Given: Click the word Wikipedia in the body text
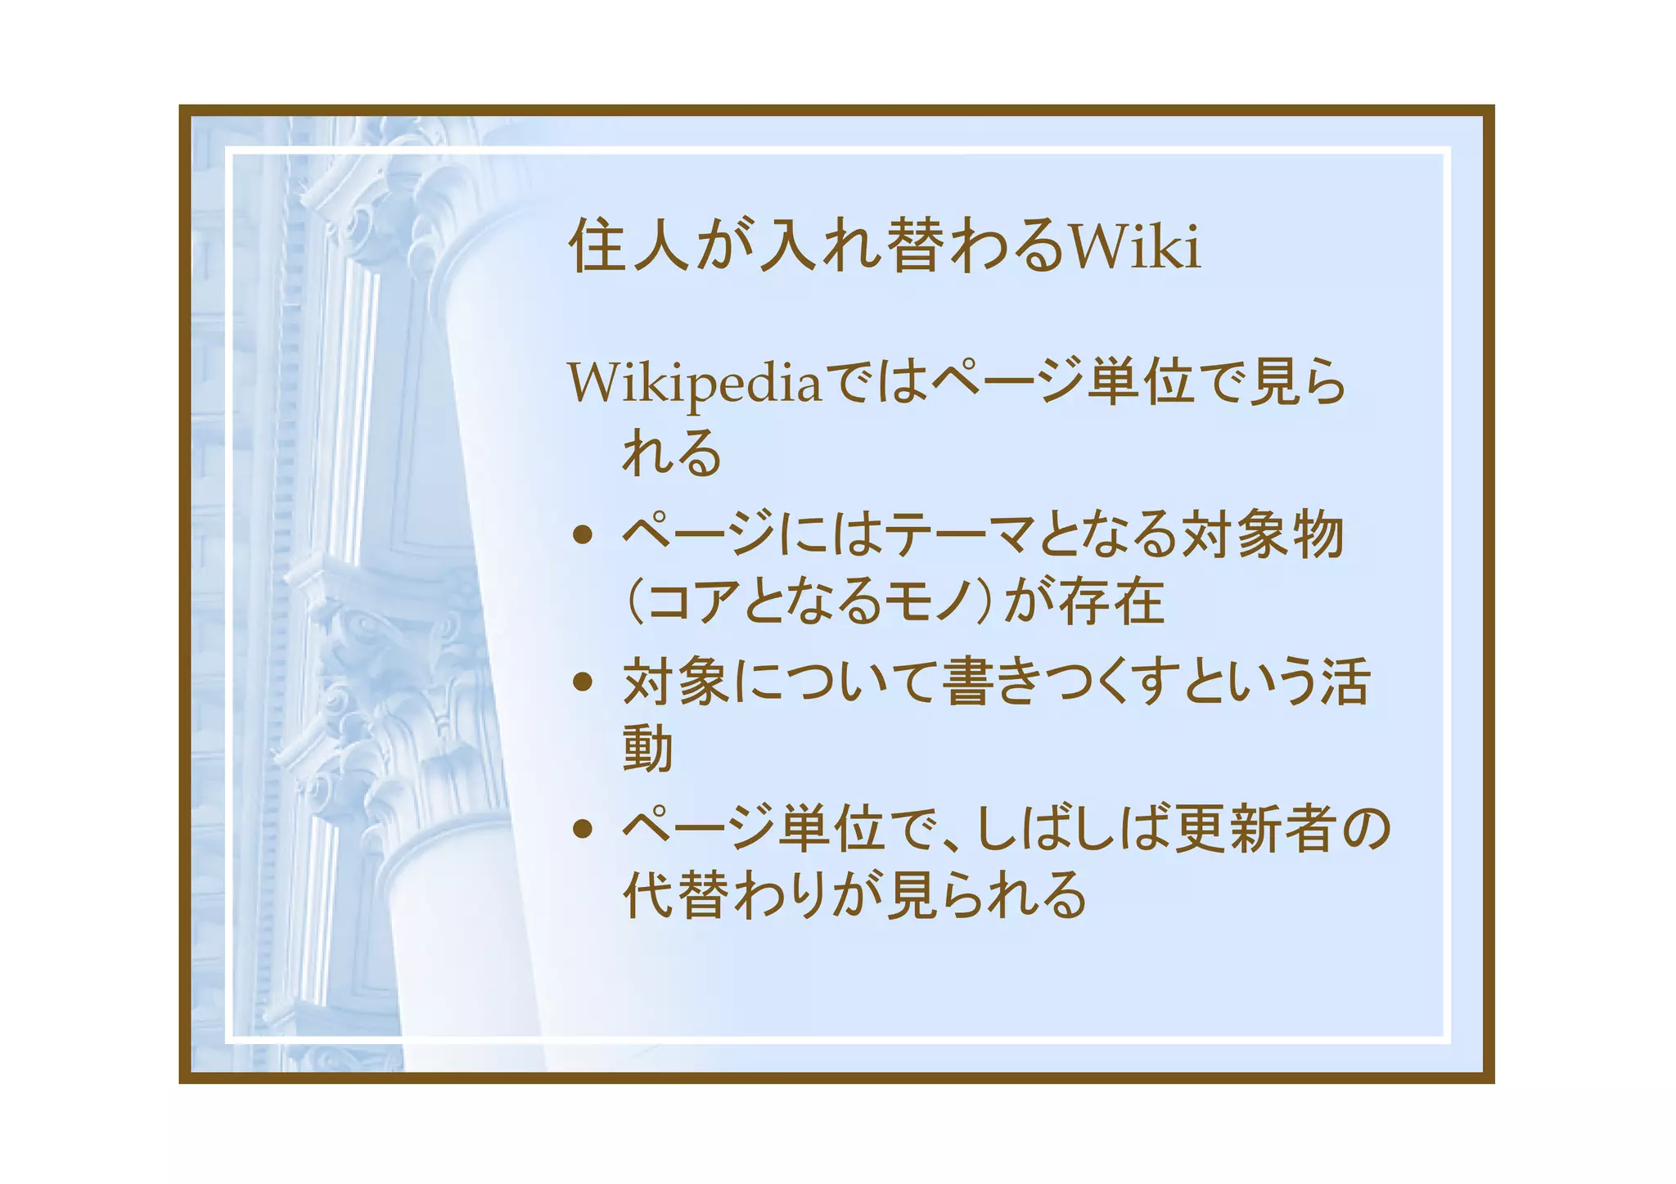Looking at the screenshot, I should (x=695, y=383).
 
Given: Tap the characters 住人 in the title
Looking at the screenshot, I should (x=628, y=245).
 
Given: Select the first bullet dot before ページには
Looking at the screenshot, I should (x=583, y=536).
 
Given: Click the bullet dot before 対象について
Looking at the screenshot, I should (x=583, y=682).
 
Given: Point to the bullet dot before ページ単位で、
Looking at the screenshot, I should (x=583, y=829).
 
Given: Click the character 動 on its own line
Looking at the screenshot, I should (x=648, y=748).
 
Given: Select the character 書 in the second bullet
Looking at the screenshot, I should (x=969, y=682).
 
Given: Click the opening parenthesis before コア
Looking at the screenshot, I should (x=633, y=601).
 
